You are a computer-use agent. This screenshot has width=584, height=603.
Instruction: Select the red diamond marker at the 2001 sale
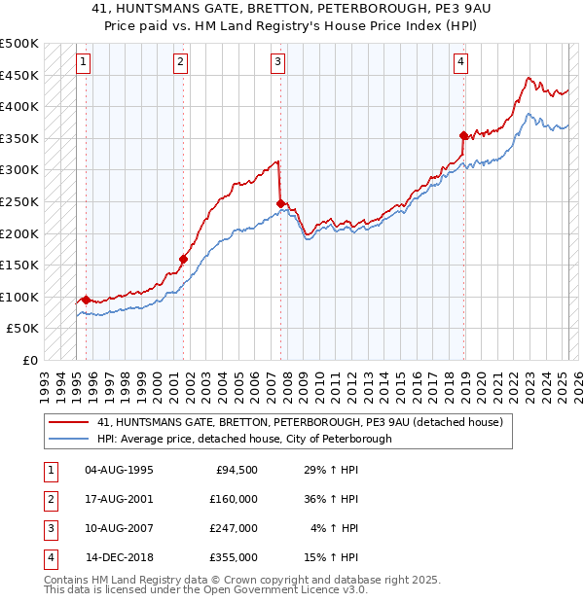tap(183, 259)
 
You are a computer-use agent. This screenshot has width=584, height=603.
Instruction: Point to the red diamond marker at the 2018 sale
tap(463, 136)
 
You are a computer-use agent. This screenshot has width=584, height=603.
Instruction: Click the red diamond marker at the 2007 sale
tap(280, 203)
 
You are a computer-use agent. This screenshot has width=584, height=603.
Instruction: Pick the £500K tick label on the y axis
tap(19, 44)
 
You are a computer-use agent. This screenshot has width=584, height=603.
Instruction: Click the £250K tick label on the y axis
tap(19, 201)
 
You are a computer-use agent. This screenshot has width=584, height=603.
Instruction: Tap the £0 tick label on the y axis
tap(29, 360)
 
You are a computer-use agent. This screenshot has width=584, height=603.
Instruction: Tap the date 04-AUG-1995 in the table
tap(119, 469)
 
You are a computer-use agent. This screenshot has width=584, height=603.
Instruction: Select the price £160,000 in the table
tap(234, 499)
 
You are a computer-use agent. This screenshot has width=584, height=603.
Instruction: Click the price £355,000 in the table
tap(234, 558)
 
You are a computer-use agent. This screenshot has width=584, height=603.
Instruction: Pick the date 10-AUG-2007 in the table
tap(119, 528)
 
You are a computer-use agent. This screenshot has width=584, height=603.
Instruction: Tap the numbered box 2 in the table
tap(50, 499)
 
